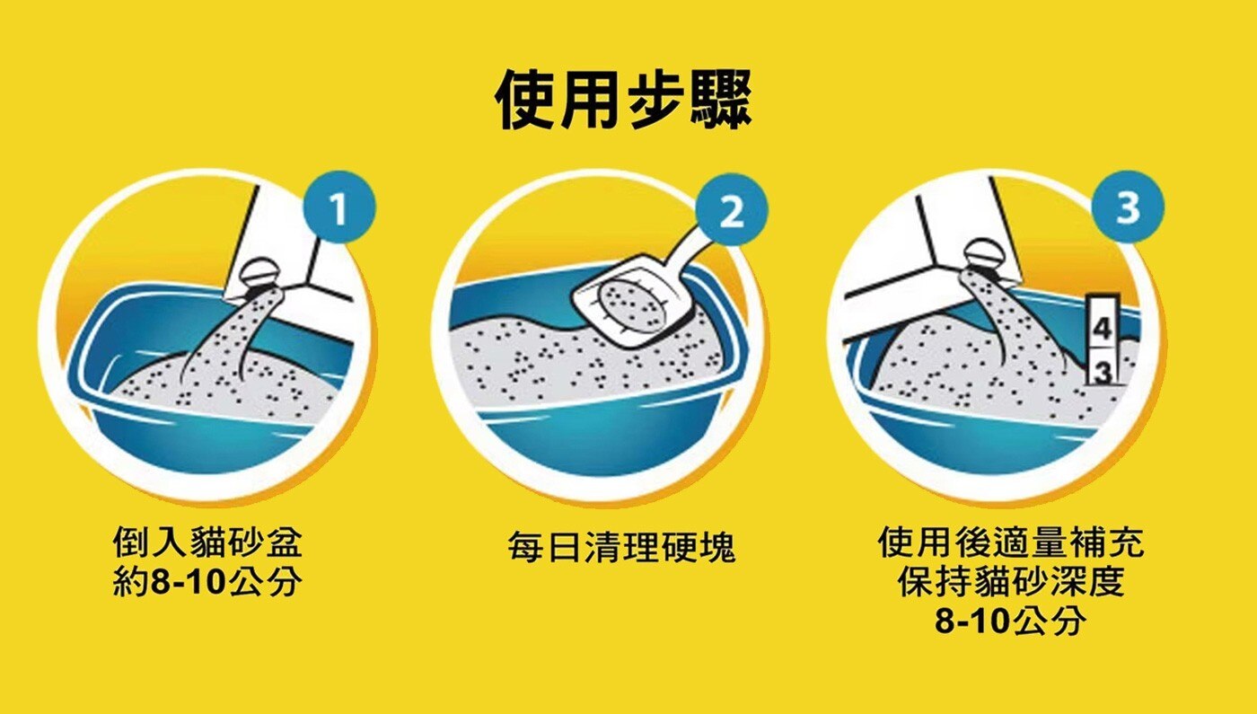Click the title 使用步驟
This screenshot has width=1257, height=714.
point(623,100)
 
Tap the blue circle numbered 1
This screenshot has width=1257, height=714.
point(339,207)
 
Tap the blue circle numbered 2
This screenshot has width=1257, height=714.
point(732,209)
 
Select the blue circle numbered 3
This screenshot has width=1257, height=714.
point(1128,207)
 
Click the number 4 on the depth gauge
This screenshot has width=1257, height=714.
point(1103,328)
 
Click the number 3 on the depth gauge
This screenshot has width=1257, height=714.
point(1103,371)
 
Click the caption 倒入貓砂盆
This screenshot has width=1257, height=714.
point(207,542)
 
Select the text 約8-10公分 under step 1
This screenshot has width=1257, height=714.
point(207,582)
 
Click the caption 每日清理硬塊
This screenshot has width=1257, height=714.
point(621,547)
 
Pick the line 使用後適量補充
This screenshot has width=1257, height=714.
point(1011,542)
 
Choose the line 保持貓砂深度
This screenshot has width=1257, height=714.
point(1011,582)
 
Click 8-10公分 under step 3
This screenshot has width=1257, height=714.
point(1011,621)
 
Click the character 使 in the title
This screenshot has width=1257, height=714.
point(524,100)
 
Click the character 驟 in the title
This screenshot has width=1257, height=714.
point(722,100)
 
